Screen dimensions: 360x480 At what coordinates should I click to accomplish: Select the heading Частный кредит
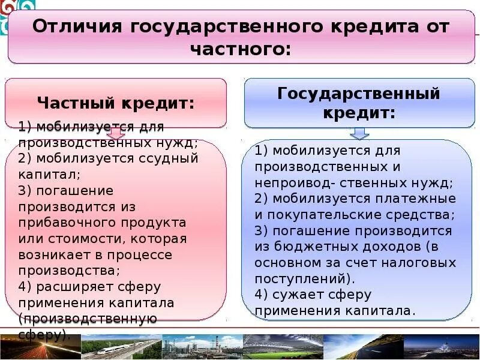pyautogui.click(x=116, y=103)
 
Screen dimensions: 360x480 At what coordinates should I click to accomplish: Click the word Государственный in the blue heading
pyautogui.click(x=359, y=94)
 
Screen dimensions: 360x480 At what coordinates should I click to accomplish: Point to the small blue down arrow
pyautogui.click(x=359, y=133)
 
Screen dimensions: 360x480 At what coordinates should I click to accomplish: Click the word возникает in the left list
pyautogui.click(x=53, y=239)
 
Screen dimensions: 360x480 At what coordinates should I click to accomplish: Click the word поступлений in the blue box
pyautogui.click(x=301, y=279)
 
